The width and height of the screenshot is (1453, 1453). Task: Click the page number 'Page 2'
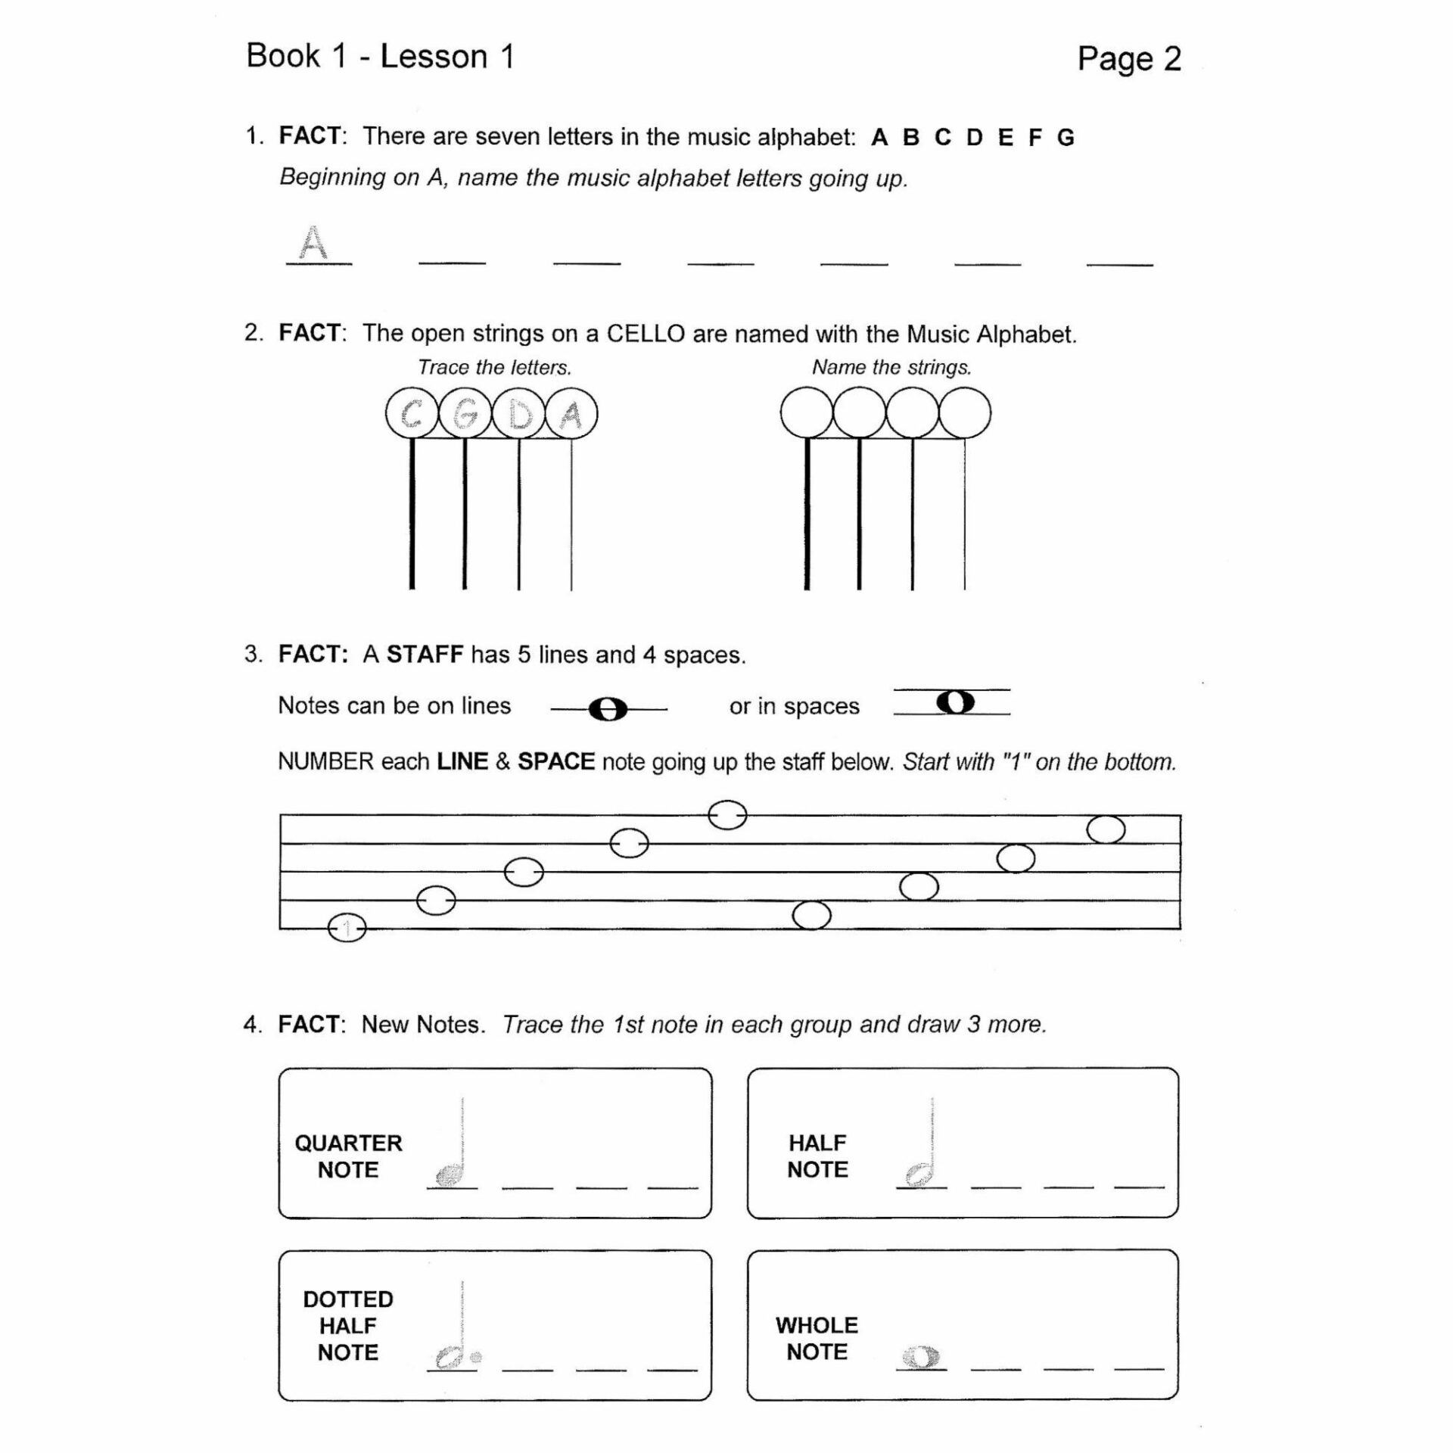pyautogui.click(x=1128, y=59)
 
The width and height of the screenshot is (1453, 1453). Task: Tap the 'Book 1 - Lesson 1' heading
pyautogui.click(x=380, y=57)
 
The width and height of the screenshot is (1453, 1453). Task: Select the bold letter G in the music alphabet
pyautogui.click(x=1066, y=138)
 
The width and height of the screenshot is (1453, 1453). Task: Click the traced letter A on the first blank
pyautogui.click(x=313, y=244)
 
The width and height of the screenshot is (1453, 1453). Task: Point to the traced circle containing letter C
pyautogui.click(x=412, y=414)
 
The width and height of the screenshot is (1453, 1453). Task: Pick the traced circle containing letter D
pyautogui.click(x=519, y=414)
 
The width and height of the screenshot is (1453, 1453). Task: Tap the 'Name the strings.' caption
pyautogui.click(x=891, y=368)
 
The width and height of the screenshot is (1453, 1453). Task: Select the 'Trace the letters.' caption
pyautogui.click(x=494, y=368)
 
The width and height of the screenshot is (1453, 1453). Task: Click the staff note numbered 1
pyautogui.click(x=347, y=928)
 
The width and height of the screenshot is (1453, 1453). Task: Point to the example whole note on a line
pyautogui.click(x=608, y=710)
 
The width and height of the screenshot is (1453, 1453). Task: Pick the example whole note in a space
pyautogui.click(x=955, y=702)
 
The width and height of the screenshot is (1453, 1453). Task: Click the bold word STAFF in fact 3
pyautogui.click(x=425, y=655)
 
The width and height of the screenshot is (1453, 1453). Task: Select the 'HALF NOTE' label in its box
pyautogui.click(x=817, y=1156)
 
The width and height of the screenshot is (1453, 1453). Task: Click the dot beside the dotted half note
pyautogui.click(x=476, y=1358)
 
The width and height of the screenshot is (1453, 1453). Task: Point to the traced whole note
pyautogui.click(x=921, y=1358)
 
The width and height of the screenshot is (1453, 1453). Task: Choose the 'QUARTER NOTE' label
pyautogui.click(x=348, y=1156)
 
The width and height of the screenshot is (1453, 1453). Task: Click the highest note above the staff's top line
pyautogui.click(x=727, y=815)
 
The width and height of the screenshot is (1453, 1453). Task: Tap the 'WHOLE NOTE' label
pyautogui.click(x=817, y=1339)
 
